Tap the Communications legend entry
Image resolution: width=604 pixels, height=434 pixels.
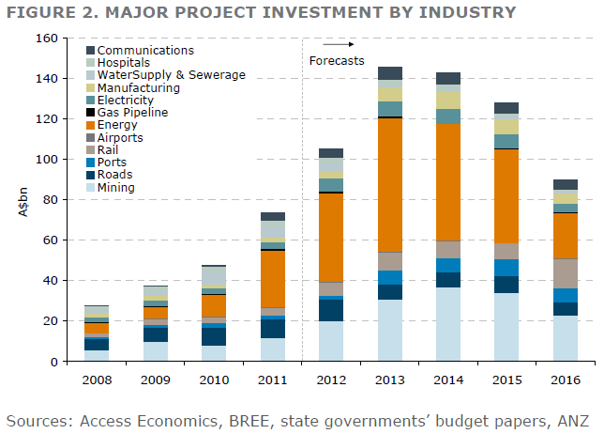[x=145, y=50]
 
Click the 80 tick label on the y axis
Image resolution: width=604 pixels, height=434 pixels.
[x=49, y=200]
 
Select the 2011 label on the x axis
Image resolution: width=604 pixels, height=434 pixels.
[x=272, y=380]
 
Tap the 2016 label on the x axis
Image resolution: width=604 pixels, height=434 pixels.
[x=565, y=380]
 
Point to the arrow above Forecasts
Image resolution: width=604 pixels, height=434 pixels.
[x=339, y=44]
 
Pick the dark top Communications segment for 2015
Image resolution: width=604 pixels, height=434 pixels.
[x=506, y=108]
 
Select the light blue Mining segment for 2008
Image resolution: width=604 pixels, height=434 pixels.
[x=96, y=355]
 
